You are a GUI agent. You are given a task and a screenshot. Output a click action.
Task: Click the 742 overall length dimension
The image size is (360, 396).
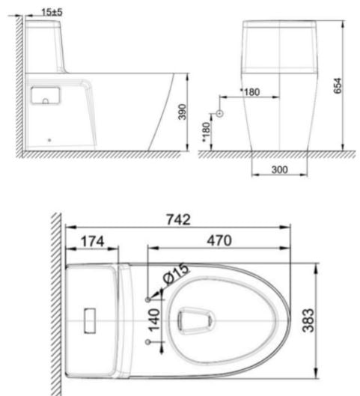point(178,220)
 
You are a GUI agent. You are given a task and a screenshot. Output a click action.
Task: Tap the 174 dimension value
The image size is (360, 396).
point(92,241)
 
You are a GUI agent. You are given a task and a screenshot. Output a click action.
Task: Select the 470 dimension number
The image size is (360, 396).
point(219,240)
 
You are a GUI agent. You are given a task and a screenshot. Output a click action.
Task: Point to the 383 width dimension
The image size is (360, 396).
point(308,320)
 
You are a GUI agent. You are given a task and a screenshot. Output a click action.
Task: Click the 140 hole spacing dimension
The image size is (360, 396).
point(154,320)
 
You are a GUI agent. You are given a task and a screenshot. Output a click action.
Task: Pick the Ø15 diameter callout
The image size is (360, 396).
point(176,273)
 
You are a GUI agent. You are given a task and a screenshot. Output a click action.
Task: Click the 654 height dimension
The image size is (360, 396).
point(338,86)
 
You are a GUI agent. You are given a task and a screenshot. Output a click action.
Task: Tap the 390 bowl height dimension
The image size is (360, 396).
point(182,112)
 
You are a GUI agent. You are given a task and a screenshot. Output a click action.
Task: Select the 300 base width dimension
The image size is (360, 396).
point(279,170)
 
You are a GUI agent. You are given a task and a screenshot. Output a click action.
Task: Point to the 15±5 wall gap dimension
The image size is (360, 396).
point(52,12)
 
